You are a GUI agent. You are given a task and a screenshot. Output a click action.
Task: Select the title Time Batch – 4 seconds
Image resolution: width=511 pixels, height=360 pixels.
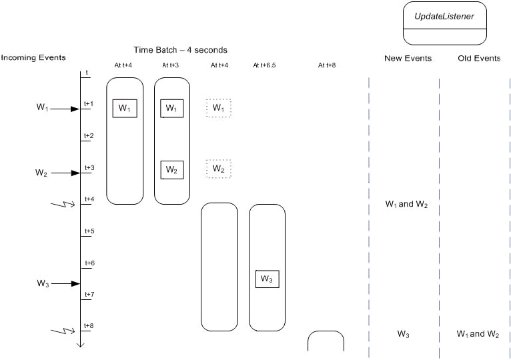180,50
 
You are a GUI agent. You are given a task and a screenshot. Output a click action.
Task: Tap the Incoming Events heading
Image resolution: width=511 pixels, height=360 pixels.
33,57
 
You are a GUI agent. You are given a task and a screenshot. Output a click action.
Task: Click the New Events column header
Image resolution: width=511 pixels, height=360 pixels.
408,59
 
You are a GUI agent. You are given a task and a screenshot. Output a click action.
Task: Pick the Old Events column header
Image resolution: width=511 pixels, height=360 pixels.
478,59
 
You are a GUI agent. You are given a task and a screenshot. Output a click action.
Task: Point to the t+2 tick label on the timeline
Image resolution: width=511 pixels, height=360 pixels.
89,136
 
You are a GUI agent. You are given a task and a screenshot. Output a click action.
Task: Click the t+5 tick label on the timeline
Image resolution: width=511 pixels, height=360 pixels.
89,231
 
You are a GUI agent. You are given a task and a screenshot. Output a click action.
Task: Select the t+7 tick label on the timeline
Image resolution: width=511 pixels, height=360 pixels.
89,295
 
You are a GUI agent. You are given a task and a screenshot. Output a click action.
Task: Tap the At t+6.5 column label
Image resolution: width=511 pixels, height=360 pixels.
267,66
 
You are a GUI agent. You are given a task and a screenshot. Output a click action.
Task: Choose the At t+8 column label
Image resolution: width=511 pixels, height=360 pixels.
327,66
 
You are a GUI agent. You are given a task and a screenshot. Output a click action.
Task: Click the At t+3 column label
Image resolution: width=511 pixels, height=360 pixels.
172,66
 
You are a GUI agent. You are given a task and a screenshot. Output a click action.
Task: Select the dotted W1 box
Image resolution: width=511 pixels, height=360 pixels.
219,108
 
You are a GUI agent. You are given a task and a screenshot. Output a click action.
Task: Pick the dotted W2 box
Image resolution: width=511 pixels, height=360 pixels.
219,169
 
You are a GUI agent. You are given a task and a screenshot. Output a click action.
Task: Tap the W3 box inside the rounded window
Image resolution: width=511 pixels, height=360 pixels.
267,279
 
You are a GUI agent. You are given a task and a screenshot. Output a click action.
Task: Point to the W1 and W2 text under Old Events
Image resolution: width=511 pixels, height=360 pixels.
478,334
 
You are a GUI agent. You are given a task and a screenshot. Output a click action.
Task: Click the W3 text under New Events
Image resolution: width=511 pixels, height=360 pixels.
403,334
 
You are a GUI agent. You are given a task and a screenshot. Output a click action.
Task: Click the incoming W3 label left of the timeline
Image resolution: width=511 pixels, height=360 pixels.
43,284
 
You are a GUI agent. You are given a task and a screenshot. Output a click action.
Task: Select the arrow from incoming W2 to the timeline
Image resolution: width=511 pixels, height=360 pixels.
65,173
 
